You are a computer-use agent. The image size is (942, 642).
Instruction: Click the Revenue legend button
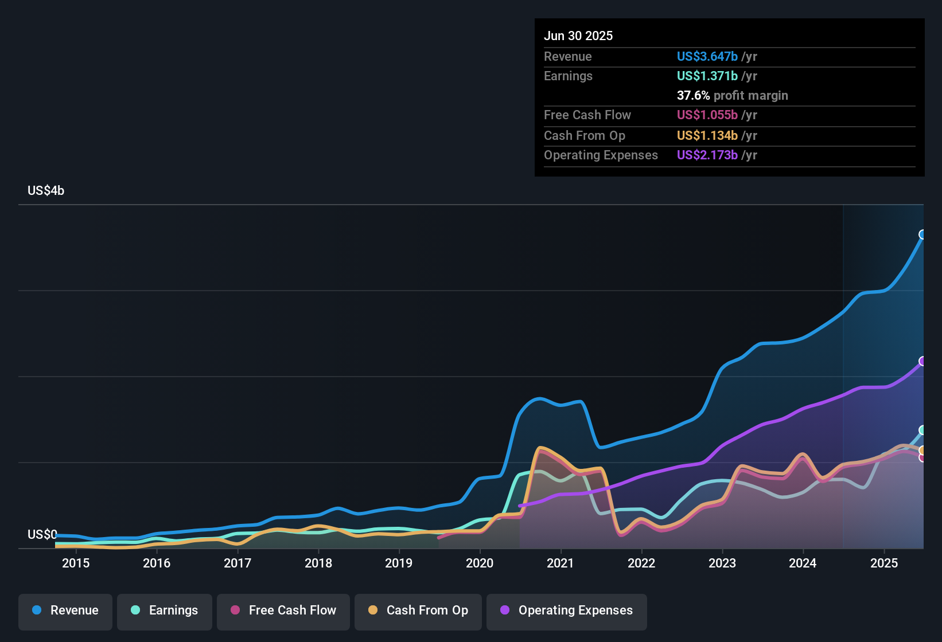[65, 610]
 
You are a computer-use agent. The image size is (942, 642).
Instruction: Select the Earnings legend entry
[165, 610]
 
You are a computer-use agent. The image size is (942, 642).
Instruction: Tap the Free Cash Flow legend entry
[283, 610]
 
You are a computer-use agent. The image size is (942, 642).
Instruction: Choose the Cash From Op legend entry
[418, 610]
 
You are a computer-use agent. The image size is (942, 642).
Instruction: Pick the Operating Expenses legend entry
[567, 610]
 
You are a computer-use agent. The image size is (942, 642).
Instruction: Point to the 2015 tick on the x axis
[76, 563]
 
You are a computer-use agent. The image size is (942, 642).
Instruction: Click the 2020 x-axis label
[480, 563]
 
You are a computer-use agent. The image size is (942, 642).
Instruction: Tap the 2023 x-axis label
[722, 563]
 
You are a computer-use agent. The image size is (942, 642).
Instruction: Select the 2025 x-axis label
[884, 563]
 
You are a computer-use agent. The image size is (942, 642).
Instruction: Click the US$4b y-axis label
[46, 191]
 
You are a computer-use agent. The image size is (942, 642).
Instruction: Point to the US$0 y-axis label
[42, 534]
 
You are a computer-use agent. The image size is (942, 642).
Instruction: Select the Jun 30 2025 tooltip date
[578, 36]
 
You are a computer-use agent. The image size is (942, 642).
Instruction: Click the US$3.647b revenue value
[707, 57]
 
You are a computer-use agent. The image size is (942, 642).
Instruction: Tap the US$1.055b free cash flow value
[707, 115]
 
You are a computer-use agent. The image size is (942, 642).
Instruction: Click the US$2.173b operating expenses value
[707, 155]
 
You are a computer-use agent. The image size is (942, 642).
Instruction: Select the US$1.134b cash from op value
[707, 136]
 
